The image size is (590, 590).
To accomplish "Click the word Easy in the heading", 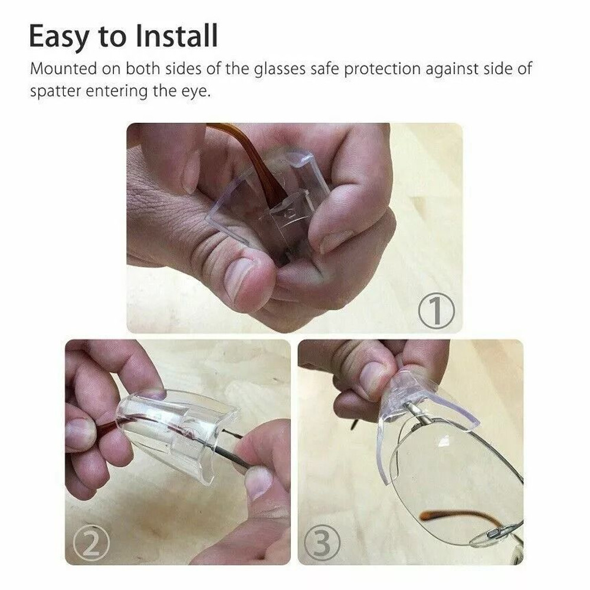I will point(57,37).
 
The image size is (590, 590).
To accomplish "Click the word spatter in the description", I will point(54,92).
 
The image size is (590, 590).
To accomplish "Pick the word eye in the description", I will point(196,92).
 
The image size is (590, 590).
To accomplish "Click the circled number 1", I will point(437,310).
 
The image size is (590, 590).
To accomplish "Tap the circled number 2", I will point(90,545).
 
